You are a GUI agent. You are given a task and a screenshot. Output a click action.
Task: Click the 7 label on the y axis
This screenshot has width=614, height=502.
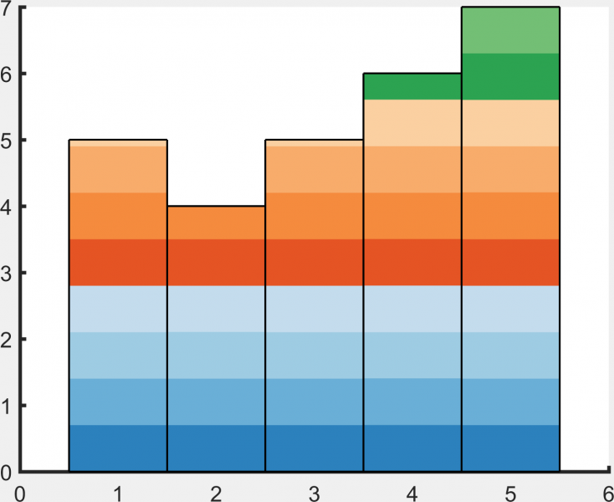pyautogui.click(x=8, y=9)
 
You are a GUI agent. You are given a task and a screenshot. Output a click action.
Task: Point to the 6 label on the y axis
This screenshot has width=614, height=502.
pyautogui.click(x=8, y=74)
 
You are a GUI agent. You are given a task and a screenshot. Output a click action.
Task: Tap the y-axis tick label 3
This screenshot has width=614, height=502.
pyautogui.click(x=8, y=273)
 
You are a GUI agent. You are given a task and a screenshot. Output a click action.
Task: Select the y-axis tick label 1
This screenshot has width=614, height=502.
pyautogui.click(x=8, y=407)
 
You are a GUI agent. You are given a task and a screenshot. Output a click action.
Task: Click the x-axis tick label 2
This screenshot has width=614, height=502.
pyautogui.click(x=216, y=493)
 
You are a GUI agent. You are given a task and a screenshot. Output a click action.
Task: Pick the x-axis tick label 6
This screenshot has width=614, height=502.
pyautogui.click(x=607, y=493)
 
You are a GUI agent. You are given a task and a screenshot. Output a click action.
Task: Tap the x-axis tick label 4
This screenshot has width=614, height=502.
pyautogui.click(x=412, y=493)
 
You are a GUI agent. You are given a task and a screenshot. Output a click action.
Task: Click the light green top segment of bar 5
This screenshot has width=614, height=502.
pyautogui.click(x=510, y=30)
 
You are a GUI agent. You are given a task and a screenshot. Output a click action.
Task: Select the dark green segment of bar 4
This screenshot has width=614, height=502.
pyautogui.click(x=412, y=86)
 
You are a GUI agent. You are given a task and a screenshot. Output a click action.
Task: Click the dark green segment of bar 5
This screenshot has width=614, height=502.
pyautogui.click(x=510, y=76)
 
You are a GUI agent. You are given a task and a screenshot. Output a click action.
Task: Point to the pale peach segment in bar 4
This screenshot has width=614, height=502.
pyautogui.click(x=412, y=122)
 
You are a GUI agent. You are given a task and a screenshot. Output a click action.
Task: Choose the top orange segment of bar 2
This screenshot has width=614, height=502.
pyautogui.click(x=216, y=223)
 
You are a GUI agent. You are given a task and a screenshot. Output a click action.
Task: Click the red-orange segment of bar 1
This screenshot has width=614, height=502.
pyautogui.click(x=118, y=263)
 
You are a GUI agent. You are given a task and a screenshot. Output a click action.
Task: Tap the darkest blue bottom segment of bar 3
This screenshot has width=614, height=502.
pyautogui.click(x=314, y=448)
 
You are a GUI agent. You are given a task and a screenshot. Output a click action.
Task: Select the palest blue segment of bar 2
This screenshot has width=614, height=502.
pyautogui.click(x=216, y=309)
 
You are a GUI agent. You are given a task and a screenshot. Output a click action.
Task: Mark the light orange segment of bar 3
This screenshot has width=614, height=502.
pyautogui.click(x=314, y=170)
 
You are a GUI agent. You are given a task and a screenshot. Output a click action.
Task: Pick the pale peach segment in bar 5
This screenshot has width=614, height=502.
pyautogui.click(x=510, y=123)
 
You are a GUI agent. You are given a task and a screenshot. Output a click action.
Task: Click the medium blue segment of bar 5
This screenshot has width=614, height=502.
pyautogui.click(x=510, y=402)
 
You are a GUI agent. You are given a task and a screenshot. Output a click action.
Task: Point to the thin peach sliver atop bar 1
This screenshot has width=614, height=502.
pyautogui.click(x=118, y=143)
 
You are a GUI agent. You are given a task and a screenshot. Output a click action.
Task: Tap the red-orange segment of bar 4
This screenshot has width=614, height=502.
pyautogui.click(x=412, y=263)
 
